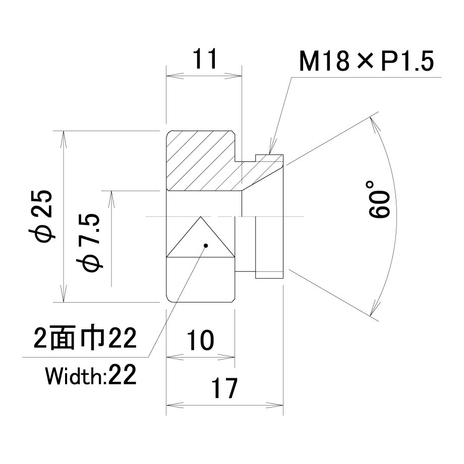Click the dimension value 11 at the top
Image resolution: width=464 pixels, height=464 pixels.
205,59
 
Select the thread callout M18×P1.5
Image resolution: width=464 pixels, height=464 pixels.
366,61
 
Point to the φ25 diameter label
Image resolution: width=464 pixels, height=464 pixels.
41,216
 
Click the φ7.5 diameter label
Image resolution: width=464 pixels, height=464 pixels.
89,243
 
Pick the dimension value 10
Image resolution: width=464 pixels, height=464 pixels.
200,340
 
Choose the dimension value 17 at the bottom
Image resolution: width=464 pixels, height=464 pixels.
224,388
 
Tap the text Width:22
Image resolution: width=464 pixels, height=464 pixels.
91,375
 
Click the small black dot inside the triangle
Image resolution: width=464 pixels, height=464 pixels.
206,245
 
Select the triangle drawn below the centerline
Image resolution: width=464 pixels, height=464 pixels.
201,237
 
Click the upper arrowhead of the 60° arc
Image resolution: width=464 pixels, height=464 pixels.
373,124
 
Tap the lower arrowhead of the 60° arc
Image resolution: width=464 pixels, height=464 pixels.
373,308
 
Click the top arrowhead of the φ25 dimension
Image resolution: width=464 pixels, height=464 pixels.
64,139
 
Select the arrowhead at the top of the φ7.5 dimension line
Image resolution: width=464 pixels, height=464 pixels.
111,199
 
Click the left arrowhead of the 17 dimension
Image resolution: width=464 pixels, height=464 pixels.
175,405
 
